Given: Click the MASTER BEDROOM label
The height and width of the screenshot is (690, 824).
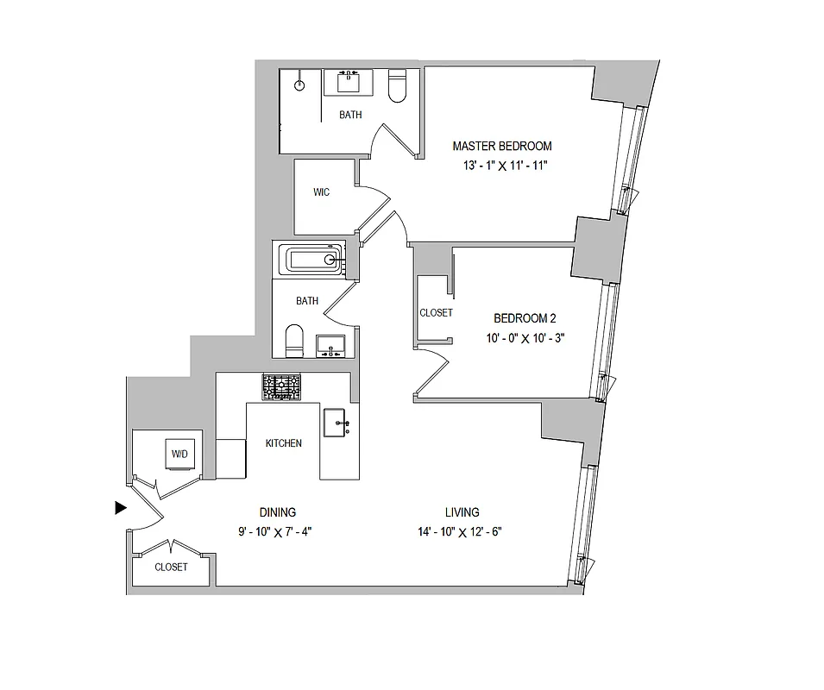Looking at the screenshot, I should click(x=501, y=146).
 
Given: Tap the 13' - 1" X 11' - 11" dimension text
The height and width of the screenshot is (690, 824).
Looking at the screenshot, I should click(x=505, y=166).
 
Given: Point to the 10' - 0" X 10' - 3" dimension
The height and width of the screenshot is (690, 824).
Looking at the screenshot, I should click(x=525, y=338).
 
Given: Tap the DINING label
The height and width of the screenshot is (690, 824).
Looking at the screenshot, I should click(x=277, y=511).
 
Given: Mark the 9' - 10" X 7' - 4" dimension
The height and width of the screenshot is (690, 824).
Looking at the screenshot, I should click(x=274, y=532).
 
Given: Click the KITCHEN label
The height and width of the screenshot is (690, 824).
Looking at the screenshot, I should click(x=283, y=443).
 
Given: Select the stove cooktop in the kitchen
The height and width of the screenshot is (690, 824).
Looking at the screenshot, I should click(x=282, y=387).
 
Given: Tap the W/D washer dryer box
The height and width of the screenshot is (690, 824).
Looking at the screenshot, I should click(x=179, y=453).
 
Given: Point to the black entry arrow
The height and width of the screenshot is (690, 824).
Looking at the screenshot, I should click(x=121, y=508).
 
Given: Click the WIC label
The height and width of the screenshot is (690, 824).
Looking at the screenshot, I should click(x=321, y=192).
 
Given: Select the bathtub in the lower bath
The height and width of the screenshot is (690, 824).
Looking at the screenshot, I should click(x=313, y=259).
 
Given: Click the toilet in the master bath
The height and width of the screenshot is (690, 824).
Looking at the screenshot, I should click(x=397, y=86).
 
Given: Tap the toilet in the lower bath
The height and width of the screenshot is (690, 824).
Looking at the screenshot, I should click(x=294, y=341).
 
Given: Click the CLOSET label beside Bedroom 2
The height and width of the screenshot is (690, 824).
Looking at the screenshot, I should click(x=436, y=313).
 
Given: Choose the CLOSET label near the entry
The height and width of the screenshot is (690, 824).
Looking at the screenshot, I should click(x=171, y=567).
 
